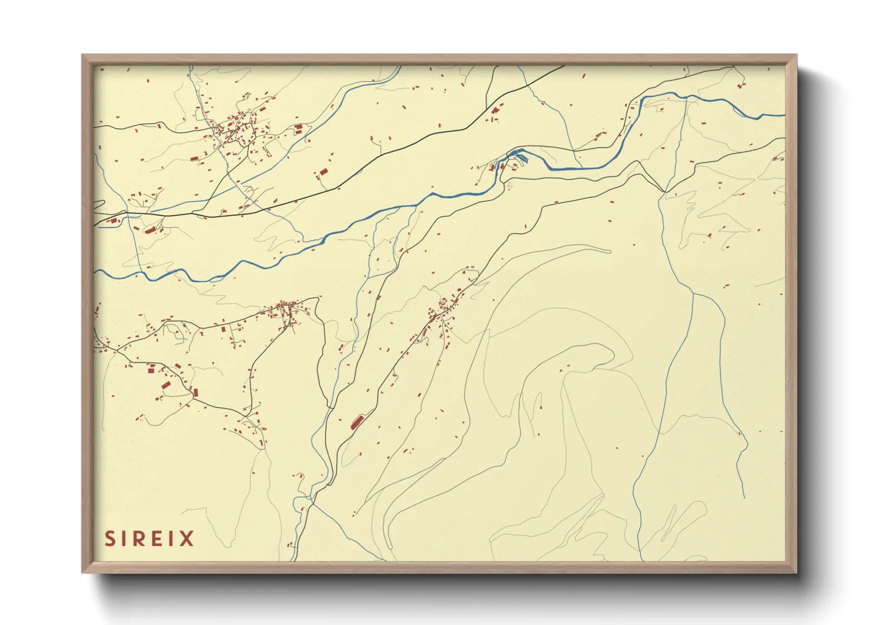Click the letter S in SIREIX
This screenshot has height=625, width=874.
[110, 539]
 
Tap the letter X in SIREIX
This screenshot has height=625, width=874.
[187, 539]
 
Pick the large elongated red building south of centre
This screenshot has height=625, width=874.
[357, 422]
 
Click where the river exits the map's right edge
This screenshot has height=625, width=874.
[784, 116]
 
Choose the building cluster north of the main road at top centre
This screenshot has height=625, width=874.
[495, 112]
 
